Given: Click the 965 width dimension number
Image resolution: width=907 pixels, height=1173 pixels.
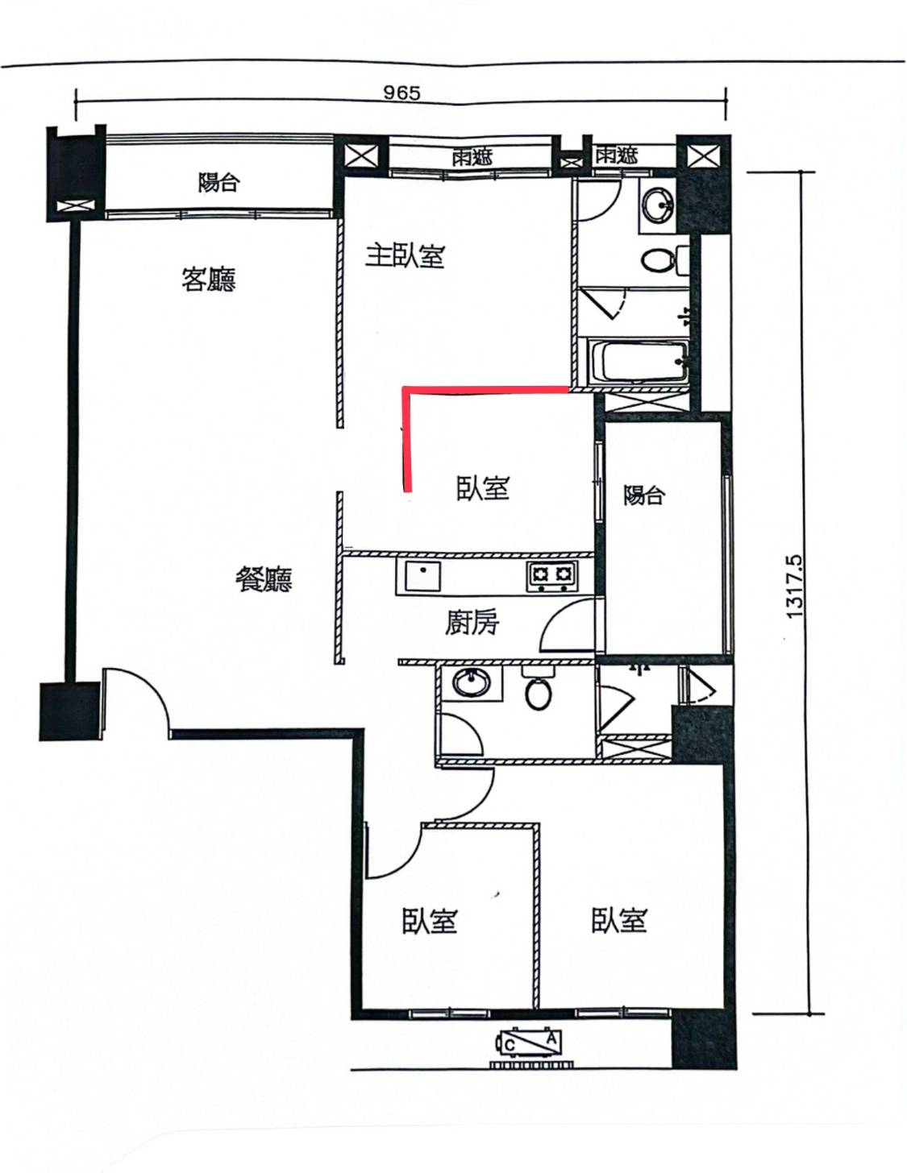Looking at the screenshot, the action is (401, 93).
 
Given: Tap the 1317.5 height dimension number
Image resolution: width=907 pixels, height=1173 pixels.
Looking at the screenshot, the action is (794, 586).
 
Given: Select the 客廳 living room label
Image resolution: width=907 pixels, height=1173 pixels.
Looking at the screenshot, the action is (209, 280).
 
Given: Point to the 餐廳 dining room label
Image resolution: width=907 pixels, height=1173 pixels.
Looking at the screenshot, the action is (264, 580).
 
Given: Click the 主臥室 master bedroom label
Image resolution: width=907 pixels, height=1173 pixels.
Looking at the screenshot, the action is (405, 256).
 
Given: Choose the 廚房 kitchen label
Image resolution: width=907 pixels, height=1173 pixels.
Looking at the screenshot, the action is (472, 623).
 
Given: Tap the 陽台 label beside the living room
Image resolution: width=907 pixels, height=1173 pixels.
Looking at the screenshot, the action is (218, 182).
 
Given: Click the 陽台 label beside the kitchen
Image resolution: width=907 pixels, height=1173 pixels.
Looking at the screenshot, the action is (644, 495).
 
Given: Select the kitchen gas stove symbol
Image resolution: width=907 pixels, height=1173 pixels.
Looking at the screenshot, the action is (551, 574).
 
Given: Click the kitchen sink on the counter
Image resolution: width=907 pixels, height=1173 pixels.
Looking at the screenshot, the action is (418, 576).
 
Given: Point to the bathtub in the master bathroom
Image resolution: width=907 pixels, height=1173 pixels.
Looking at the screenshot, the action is (639, 360).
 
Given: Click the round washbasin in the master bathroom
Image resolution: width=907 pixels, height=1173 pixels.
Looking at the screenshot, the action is (659, 205).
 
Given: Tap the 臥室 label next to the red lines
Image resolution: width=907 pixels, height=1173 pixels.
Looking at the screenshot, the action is (483, 487).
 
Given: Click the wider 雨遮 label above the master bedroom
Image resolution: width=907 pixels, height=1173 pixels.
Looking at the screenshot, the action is (472, 158).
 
